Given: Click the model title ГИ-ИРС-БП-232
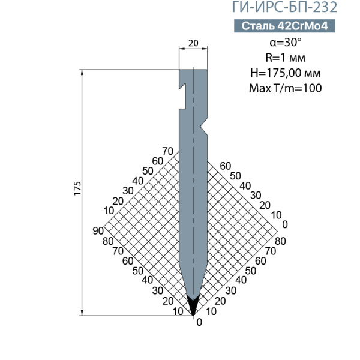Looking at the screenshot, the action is pyautogui.click(x=284, y=7).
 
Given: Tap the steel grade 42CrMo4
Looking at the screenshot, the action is pyautogui.click(x=303, y=26).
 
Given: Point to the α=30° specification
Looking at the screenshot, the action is pyautogui.click(x=286, y=42).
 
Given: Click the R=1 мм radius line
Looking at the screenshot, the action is pyautogui.click(x=286, y=58).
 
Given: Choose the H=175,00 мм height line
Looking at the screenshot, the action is pyautogui.click(x=286, y=73).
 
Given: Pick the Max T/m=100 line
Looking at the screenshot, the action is pyautogui.click(x=286, y=88).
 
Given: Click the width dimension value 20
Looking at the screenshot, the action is pyautogui.click(x=193, y=43).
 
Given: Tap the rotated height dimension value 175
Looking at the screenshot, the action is pyautogui.click(x=77, y=188).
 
